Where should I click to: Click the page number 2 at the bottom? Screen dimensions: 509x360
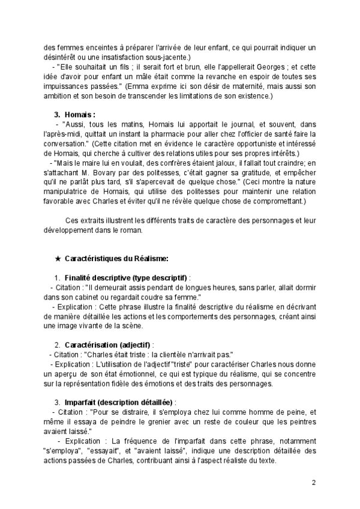(314, 482)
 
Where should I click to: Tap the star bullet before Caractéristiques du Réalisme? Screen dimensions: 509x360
(58, 259)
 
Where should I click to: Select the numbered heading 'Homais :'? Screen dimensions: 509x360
(80, 113)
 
